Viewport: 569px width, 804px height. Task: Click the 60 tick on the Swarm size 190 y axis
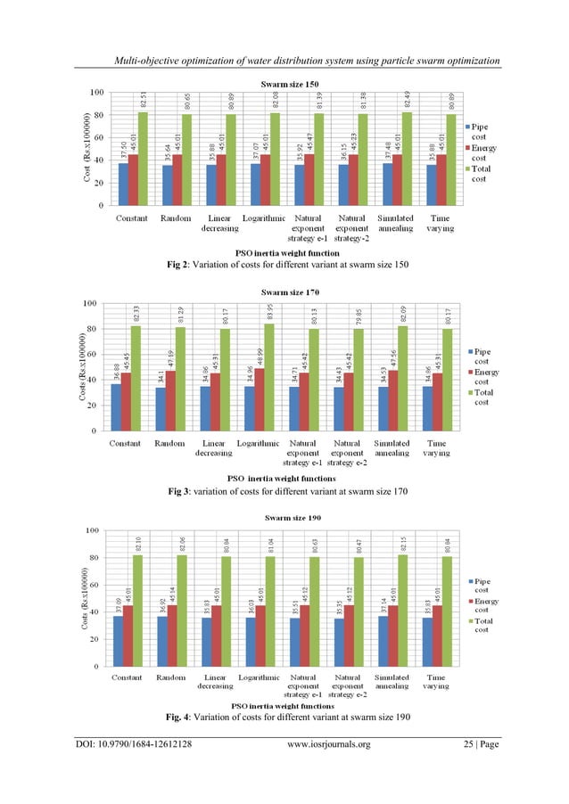point(93,585)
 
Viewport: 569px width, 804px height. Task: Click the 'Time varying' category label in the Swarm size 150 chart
point(440,223)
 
